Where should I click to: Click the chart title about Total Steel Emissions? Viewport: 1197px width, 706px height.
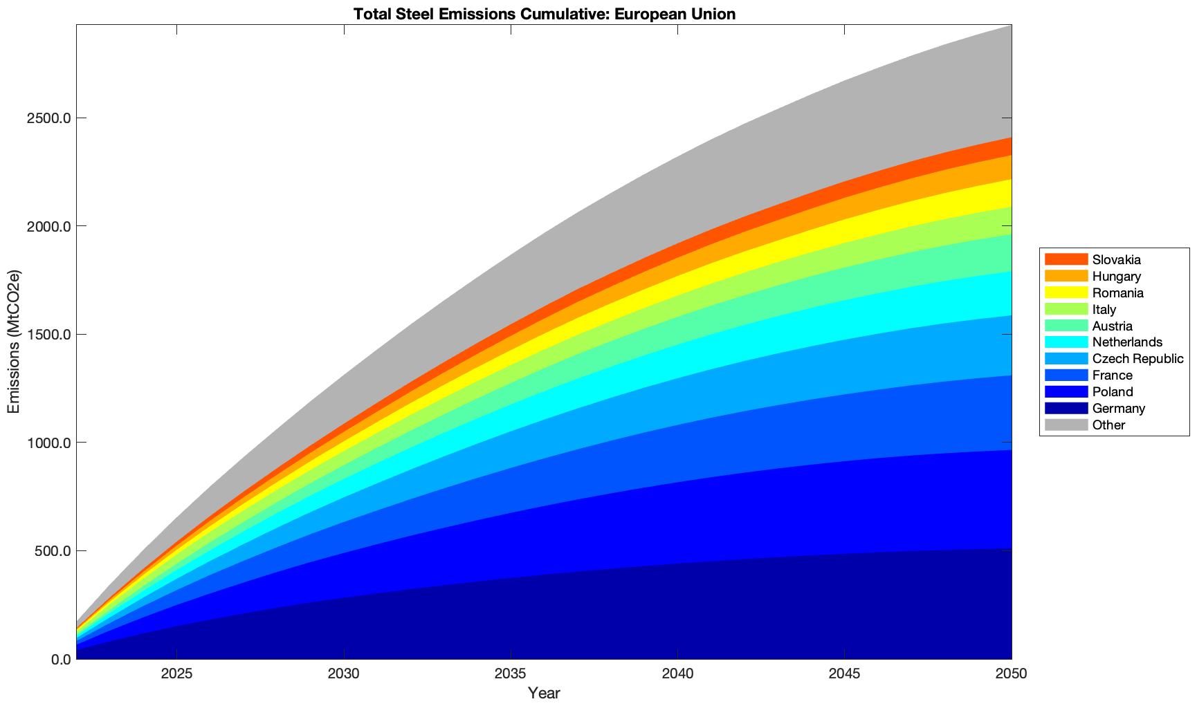point(544,14)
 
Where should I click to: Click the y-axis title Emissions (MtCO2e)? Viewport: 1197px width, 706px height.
point(14,342)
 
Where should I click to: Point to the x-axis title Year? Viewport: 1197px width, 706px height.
point(544,693)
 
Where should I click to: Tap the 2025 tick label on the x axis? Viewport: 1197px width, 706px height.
point(176,674)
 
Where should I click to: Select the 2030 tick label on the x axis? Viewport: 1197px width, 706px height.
point(343,674)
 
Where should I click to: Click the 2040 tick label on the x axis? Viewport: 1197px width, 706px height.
point(677,674)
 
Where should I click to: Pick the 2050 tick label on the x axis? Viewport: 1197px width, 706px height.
point(1011,674)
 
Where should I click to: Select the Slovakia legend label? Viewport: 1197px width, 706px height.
point(1117,260)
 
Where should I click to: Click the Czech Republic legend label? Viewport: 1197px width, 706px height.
point(1138,359)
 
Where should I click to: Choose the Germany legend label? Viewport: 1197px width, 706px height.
point(1119,409)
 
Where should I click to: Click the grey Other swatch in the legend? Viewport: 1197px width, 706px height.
point(1066,425)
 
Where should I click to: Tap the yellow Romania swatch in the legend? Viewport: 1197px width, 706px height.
point(1066,292)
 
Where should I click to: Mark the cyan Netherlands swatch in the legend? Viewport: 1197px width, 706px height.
point(1066,342)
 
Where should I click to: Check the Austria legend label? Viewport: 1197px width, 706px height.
point(1113,326)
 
